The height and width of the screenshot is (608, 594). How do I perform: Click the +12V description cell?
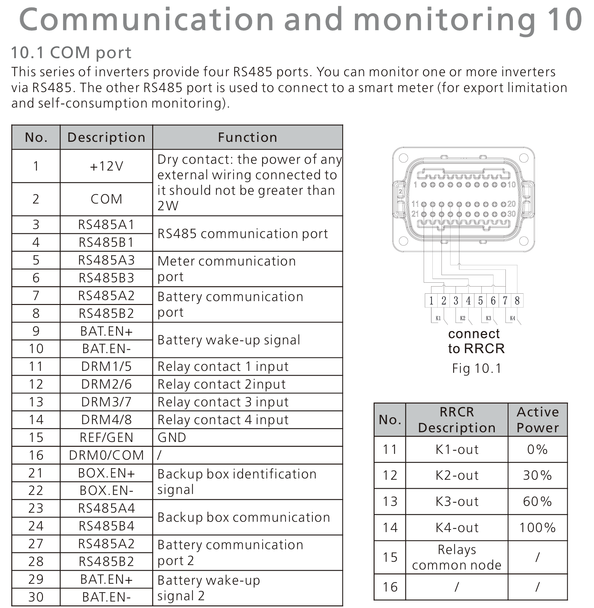[x=106, y=166]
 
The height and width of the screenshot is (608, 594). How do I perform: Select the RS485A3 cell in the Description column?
[x=106, y=260]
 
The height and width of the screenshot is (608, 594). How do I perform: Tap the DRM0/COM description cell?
[x=106, y=455]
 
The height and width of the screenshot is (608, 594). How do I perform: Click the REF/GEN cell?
[x=106, y=437]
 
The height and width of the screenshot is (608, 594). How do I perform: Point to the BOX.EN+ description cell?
[x=106, y=473]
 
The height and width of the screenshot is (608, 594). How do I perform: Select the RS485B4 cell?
[x=106, y=526]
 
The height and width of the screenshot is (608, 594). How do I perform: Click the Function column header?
[x=248, y=137]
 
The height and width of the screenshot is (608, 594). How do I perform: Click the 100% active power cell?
[x=537, y=528]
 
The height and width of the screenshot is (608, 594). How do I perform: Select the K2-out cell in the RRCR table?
[x=457, y=475]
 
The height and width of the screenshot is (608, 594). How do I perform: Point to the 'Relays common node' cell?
[x=457, y=557]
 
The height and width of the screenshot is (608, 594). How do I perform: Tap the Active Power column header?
[x=537, y=420]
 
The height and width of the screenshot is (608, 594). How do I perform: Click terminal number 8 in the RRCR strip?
[x=517, y=301]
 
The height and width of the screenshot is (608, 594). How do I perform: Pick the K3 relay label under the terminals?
[x=488, y=318]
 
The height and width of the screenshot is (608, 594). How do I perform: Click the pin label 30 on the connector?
[x=512, y=214]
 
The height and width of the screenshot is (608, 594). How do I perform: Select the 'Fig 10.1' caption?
[x=476, y=368]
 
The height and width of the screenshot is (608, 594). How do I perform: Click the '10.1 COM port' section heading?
[x=71, y=53]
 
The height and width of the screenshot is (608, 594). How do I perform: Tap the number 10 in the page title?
[x=565, y=19]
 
